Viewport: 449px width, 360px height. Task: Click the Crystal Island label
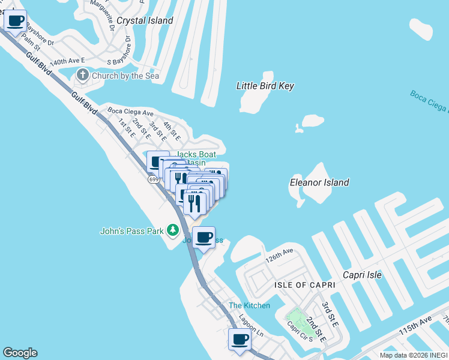pos(145,20)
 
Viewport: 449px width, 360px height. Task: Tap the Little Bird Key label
pos(265,86)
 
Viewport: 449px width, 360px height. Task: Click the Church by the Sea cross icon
pos(82,76)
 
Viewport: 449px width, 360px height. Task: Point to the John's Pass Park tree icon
pos(173,230)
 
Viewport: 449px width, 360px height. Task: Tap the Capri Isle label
pos(362,275)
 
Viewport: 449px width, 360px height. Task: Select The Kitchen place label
pos(249,305)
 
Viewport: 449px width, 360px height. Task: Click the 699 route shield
pos(154,179)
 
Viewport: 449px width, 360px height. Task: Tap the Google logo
pos(20,353)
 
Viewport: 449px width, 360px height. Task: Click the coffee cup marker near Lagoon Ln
pos(240,339)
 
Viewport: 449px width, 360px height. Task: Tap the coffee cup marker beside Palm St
pos(15,21)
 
